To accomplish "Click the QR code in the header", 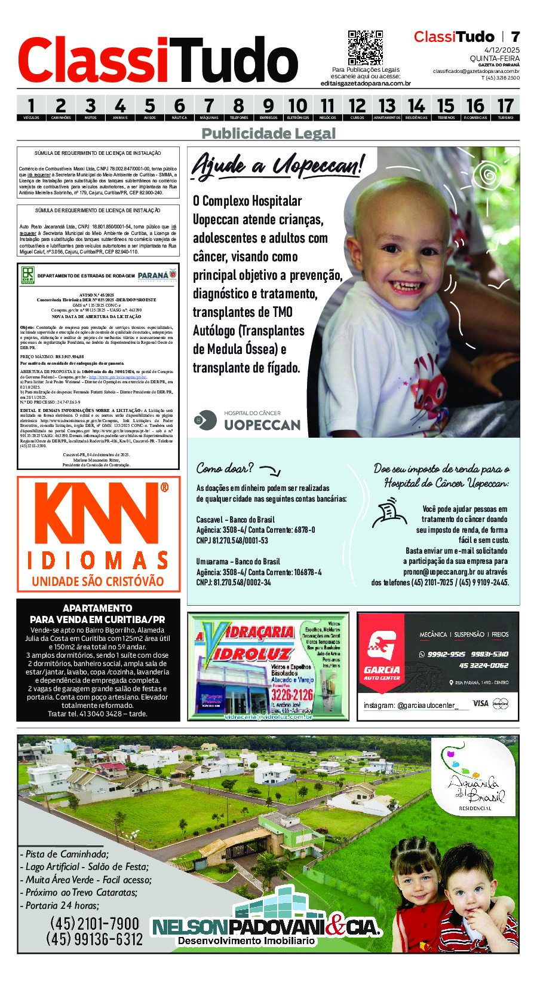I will (365, 48).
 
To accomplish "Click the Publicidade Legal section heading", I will (268, 133).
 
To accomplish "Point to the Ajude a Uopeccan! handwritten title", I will (277, 165).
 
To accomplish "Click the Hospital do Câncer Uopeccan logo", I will (248, 420).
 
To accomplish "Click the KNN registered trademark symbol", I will (164, 487).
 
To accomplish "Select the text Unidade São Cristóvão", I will (98, 581).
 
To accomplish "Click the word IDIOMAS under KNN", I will (98, 561).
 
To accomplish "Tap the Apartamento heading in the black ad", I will (97, 608).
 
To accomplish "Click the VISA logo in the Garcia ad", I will (480, 703).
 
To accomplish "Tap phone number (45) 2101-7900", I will (94, 923).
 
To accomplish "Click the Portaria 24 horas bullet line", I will (62, 905).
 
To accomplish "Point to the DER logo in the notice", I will (27, 276).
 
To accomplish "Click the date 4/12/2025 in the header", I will (502, 50).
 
